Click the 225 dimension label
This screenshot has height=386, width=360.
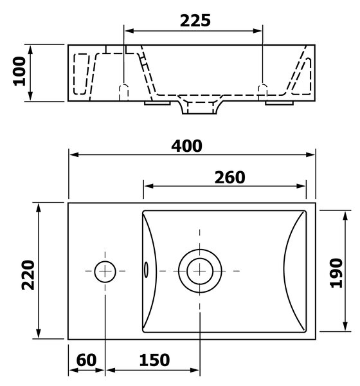tap(195, 21)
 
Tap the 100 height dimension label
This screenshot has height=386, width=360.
tap(19, 71)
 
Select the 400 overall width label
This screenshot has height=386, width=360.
tap(187, 146)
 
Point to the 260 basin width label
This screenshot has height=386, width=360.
tap(230, 178)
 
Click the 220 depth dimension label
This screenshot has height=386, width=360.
tap(28, 275)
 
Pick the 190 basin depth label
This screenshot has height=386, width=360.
tap(336, 273)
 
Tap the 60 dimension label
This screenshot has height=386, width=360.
tap(86, 360)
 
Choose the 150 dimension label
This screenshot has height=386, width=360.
tap(154, 360)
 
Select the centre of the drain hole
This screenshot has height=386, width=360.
tap(200, 271)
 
